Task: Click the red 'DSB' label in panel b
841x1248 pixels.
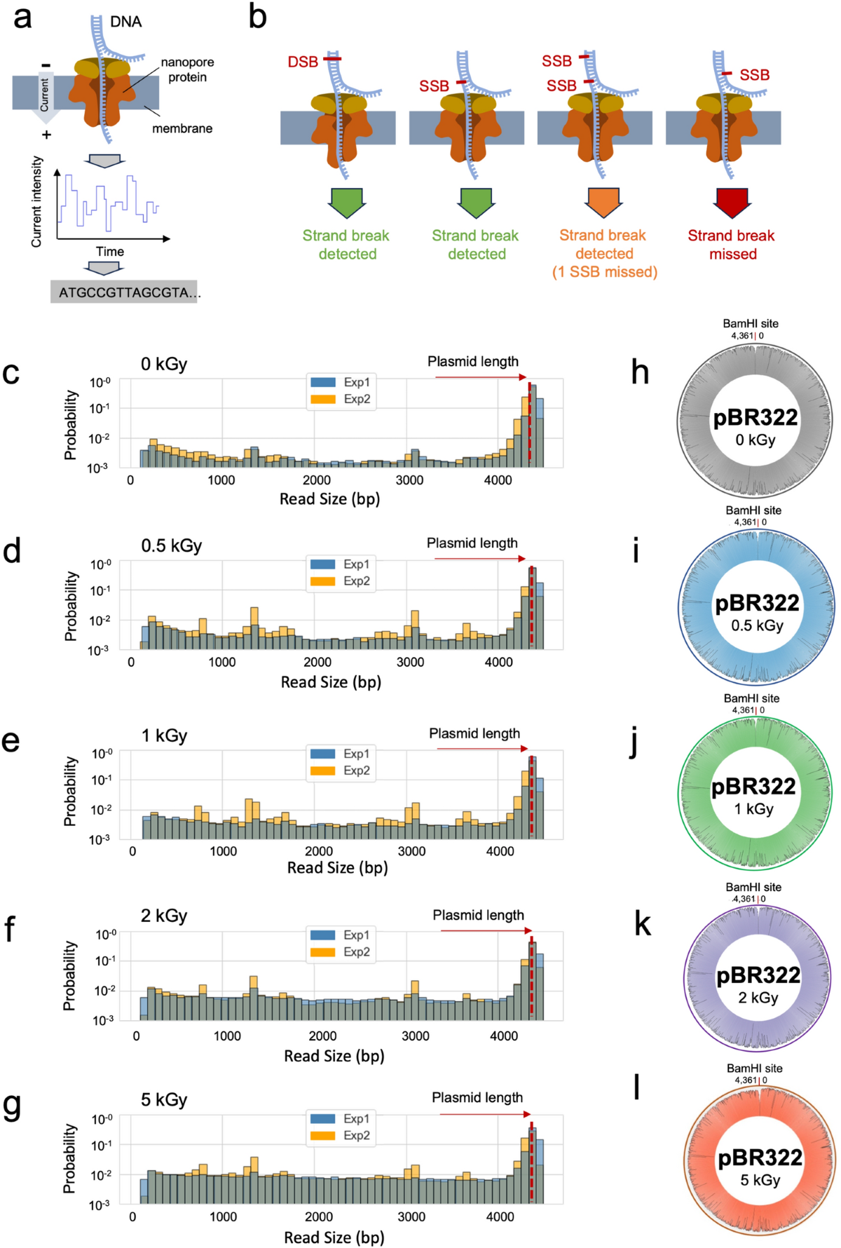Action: [x=303, y=62]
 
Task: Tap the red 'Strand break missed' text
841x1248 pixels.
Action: [x=731, y=245]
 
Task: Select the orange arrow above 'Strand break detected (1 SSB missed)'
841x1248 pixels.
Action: [x=603, y=201]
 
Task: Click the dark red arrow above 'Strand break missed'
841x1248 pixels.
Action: [x=732, y=201]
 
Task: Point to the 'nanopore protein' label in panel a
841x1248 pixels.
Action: [x=187, y=69]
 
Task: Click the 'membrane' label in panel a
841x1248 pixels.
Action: [x=182, y=128]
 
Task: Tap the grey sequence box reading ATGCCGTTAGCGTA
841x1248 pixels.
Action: [x=124, y=292]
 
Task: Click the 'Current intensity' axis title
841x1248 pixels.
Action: [x=36, y=202]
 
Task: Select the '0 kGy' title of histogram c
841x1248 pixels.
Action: [x=164, y=364]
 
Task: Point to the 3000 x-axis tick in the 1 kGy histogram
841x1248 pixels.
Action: [x=411, y=851]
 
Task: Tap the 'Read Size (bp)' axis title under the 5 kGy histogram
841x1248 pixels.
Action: [x=334, y=1237]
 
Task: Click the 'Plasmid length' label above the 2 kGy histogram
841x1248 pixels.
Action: [x=478, y=915]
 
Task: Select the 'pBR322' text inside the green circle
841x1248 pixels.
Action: [x=753, y=787]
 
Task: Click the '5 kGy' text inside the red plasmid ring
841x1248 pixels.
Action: [x=760, y=1180]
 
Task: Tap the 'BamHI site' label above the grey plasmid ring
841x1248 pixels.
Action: [x=751, y=323]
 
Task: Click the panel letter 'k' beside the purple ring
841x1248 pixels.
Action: [x=642, y=924]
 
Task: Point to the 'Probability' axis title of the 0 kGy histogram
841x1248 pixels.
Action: [x=70, y=425]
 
